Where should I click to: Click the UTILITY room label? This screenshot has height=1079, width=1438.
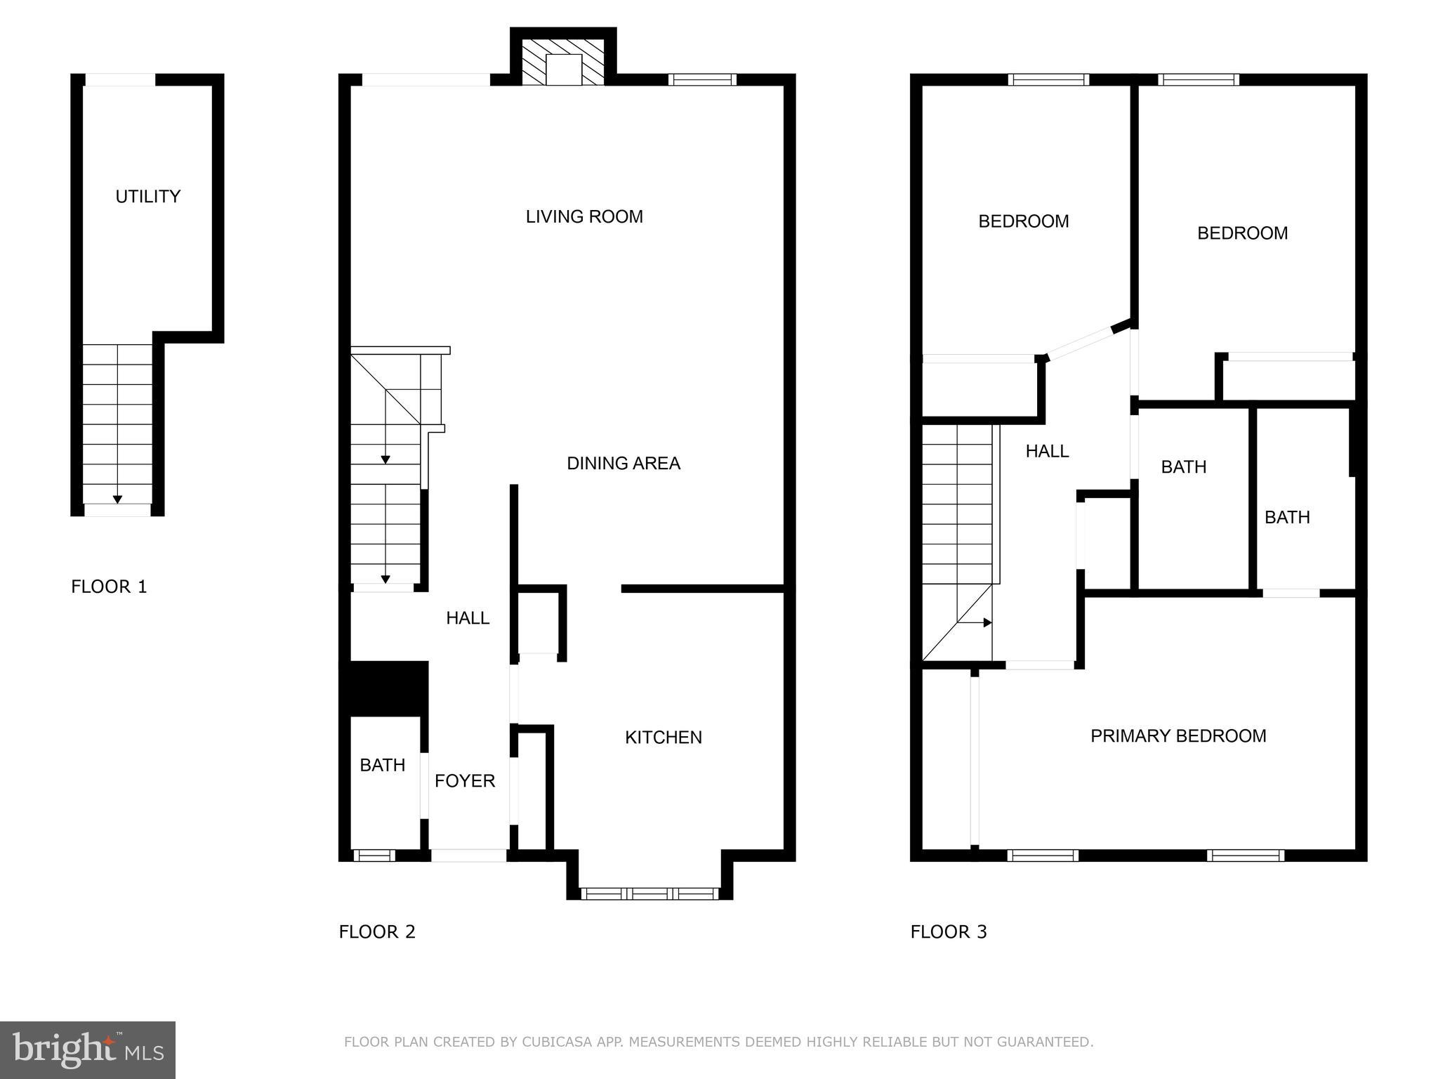[147, 197]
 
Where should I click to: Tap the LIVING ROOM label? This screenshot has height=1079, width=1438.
[584, 216]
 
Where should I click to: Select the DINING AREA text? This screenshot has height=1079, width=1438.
[623, 464]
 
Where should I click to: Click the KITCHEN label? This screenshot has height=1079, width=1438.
[663, 738]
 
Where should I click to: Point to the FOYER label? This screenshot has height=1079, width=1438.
[464, 781]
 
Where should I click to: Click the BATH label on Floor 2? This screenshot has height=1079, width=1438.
[382, 765]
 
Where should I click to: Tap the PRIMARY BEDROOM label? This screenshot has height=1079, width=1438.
[1178, 736]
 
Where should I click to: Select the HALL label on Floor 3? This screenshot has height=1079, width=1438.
[1046, 452]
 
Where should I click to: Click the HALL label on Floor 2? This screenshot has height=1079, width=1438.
[468, 618]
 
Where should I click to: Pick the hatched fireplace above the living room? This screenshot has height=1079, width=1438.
[563, 62]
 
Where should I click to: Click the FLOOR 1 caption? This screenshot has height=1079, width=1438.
[109, 587]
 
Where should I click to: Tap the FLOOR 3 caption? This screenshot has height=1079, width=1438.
[948, 932]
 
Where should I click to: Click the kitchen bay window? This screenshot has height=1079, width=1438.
[649, 894]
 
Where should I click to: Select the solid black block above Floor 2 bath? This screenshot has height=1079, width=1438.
[384, 688]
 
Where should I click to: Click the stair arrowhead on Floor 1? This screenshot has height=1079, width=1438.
[117, 499]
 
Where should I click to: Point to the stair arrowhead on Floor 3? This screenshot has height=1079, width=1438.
[987, 622]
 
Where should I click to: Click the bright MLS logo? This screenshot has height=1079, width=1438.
[88, 1049]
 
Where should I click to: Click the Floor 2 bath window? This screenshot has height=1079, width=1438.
[374, 855]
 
